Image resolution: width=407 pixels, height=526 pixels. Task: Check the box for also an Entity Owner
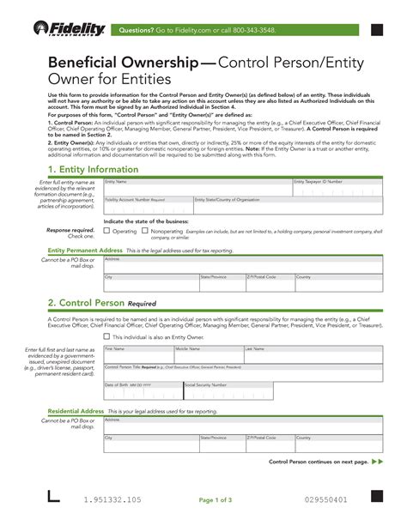pyautogui.click(x=106, y=336)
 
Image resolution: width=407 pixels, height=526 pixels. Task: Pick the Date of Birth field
pyautogui.click(x=142, y=390)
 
